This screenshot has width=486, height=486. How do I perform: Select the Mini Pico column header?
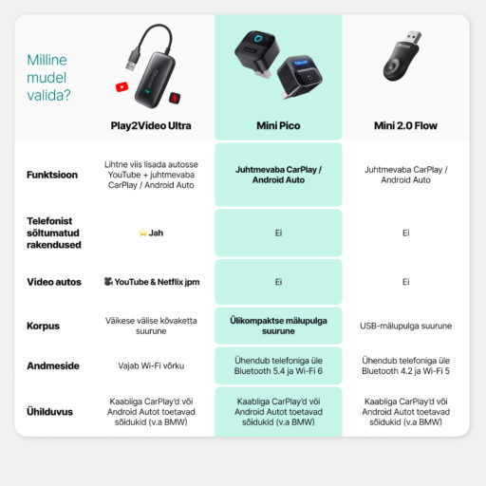tap(278, 124)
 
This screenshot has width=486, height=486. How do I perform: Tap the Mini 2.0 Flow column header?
tap(404, 124)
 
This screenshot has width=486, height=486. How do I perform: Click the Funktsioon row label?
tap(53, 175)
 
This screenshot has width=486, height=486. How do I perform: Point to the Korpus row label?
tap(43, 326)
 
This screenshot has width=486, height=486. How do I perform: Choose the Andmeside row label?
tap(53, 365)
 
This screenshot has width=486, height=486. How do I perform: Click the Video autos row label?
tap(54, 282)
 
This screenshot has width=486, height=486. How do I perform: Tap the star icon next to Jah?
tap(143, 233)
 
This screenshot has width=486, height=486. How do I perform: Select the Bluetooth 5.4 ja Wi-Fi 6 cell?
tap(278, 365)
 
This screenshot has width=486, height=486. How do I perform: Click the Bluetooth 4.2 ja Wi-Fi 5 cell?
tap(404, 365)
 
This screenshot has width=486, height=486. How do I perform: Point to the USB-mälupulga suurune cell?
tap(404, 326)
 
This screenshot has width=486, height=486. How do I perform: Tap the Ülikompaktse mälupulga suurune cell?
tap(278, 326)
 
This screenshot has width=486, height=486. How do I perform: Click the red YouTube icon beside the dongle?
tap(121, 86)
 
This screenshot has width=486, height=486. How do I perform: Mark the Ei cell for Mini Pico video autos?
tap(278, 282)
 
